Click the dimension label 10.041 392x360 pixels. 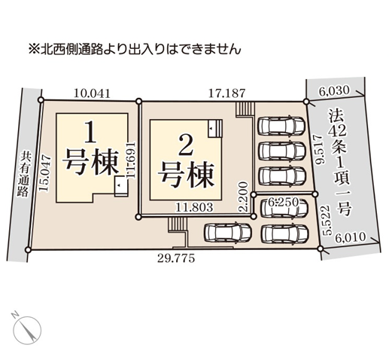tap(92, 93)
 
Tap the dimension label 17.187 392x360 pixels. tap(226, 93)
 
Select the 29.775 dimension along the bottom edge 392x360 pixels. tap(176, 258)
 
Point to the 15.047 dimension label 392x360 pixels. tap(45, 173)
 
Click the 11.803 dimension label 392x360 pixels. tap(194, 207)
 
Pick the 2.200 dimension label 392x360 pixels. tap(243, 197)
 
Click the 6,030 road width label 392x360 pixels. tap(334, 90)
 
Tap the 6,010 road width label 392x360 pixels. tap(350, 237)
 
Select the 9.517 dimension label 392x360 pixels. tap(321, 149)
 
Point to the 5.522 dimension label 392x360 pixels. tap(328, 220)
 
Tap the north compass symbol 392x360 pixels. tap(27, 328)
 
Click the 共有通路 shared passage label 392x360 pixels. tap(24, 173)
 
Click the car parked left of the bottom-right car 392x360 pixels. tap(228, 232)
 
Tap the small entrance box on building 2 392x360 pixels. tap(215, 128)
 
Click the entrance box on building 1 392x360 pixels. tap(121, 186)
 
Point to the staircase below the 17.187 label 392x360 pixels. tap(245, 109)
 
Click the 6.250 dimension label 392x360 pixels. tap(284, 201)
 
